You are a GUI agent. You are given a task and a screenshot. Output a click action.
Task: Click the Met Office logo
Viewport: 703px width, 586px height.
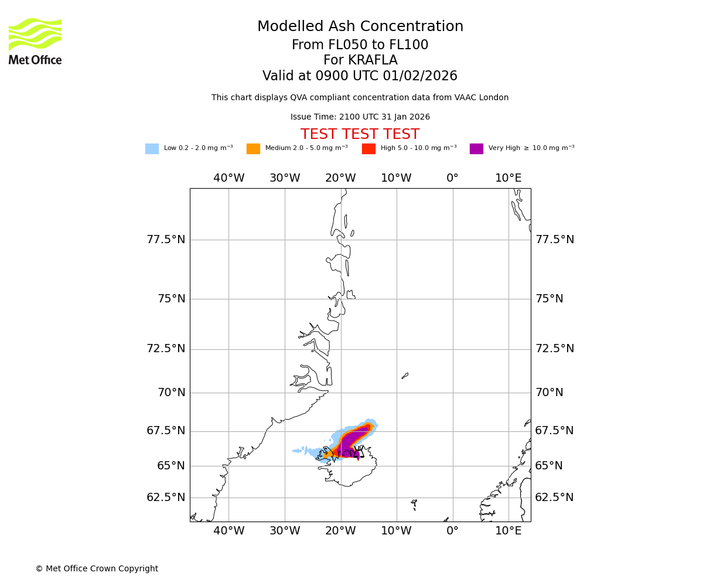(35, 41)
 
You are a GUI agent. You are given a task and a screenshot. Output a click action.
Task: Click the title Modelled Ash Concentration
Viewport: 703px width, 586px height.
(360, 27)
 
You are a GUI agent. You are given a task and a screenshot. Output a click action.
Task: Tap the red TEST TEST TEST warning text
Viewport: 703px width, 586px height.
(360, 134)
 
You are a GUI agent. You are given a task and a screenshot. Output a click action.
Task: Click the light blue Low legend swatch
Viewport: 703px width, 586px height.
(152, 149)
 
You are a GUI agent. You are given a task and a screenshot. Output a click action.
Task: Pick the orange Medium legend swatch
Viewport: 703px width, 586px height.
(253, 149)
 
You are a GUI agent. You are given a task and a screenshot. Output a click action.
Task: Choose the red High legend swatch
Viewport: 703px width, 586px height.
(368, 149)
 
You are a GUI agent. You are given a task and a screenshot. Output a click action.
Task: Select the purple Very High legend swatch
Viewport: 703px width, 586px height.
(476, 149)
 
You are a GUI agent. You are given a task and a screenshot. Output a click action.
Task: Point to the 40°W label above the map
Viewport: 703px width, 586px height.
(228, 178)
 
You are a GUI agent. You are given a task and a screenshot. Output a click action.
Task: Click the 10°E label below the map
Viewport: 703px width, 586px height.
(508, 531)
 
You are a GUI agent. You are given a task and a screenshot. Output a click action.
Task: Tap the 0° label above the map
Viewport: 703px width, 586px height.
(452, 178)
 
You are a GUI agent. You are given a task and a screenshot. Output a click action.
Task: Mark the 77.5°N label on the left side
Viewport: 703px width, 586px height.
(166, 240)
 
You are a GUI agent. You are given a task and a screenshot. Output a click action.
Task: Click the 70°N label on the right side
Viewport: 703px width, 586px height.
(549, 393)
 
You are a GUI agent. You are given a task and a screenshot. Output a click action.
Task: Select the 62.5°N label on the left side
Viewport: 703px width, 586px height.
(166, 498)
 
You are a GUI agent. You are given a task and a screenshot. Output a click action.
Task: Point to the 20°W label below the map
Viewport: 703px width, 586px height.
(340, 531)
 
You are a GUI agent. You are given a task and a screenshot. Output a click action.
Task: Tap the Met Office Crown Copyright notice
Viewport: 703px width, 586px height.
(97, 568)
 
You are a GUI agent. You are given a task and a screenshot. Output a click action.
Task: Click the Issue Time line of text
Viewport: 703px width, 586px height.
(360, 117)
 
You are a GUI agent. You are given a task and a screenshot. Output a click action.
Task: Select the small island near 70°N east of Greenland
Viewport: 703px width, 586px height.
(405, 376)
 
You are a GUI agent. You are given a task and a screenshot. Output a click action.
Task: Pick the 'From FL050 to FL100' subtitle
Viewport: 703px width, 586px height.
(360, 45)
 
